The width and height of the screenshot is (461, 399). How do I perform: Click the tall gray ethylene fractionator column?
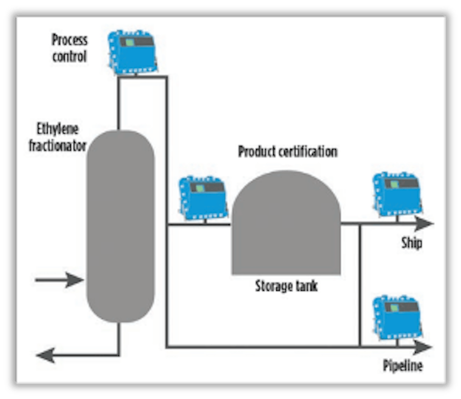tap(120, 226)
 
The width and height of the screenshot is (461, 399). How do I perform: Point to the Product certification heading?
tap(287, 151)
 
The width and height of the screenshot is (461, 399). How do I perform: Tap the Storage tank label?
tap(286, 286)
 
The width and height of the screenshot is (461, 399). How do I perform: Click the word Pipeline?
tap(402, 365)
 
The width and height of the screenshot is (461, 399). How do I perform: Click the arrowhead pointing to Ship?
tap(424, 224)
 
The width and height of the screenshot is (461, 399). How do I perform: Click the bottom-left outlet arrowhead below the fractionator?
tap(45, 356)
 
